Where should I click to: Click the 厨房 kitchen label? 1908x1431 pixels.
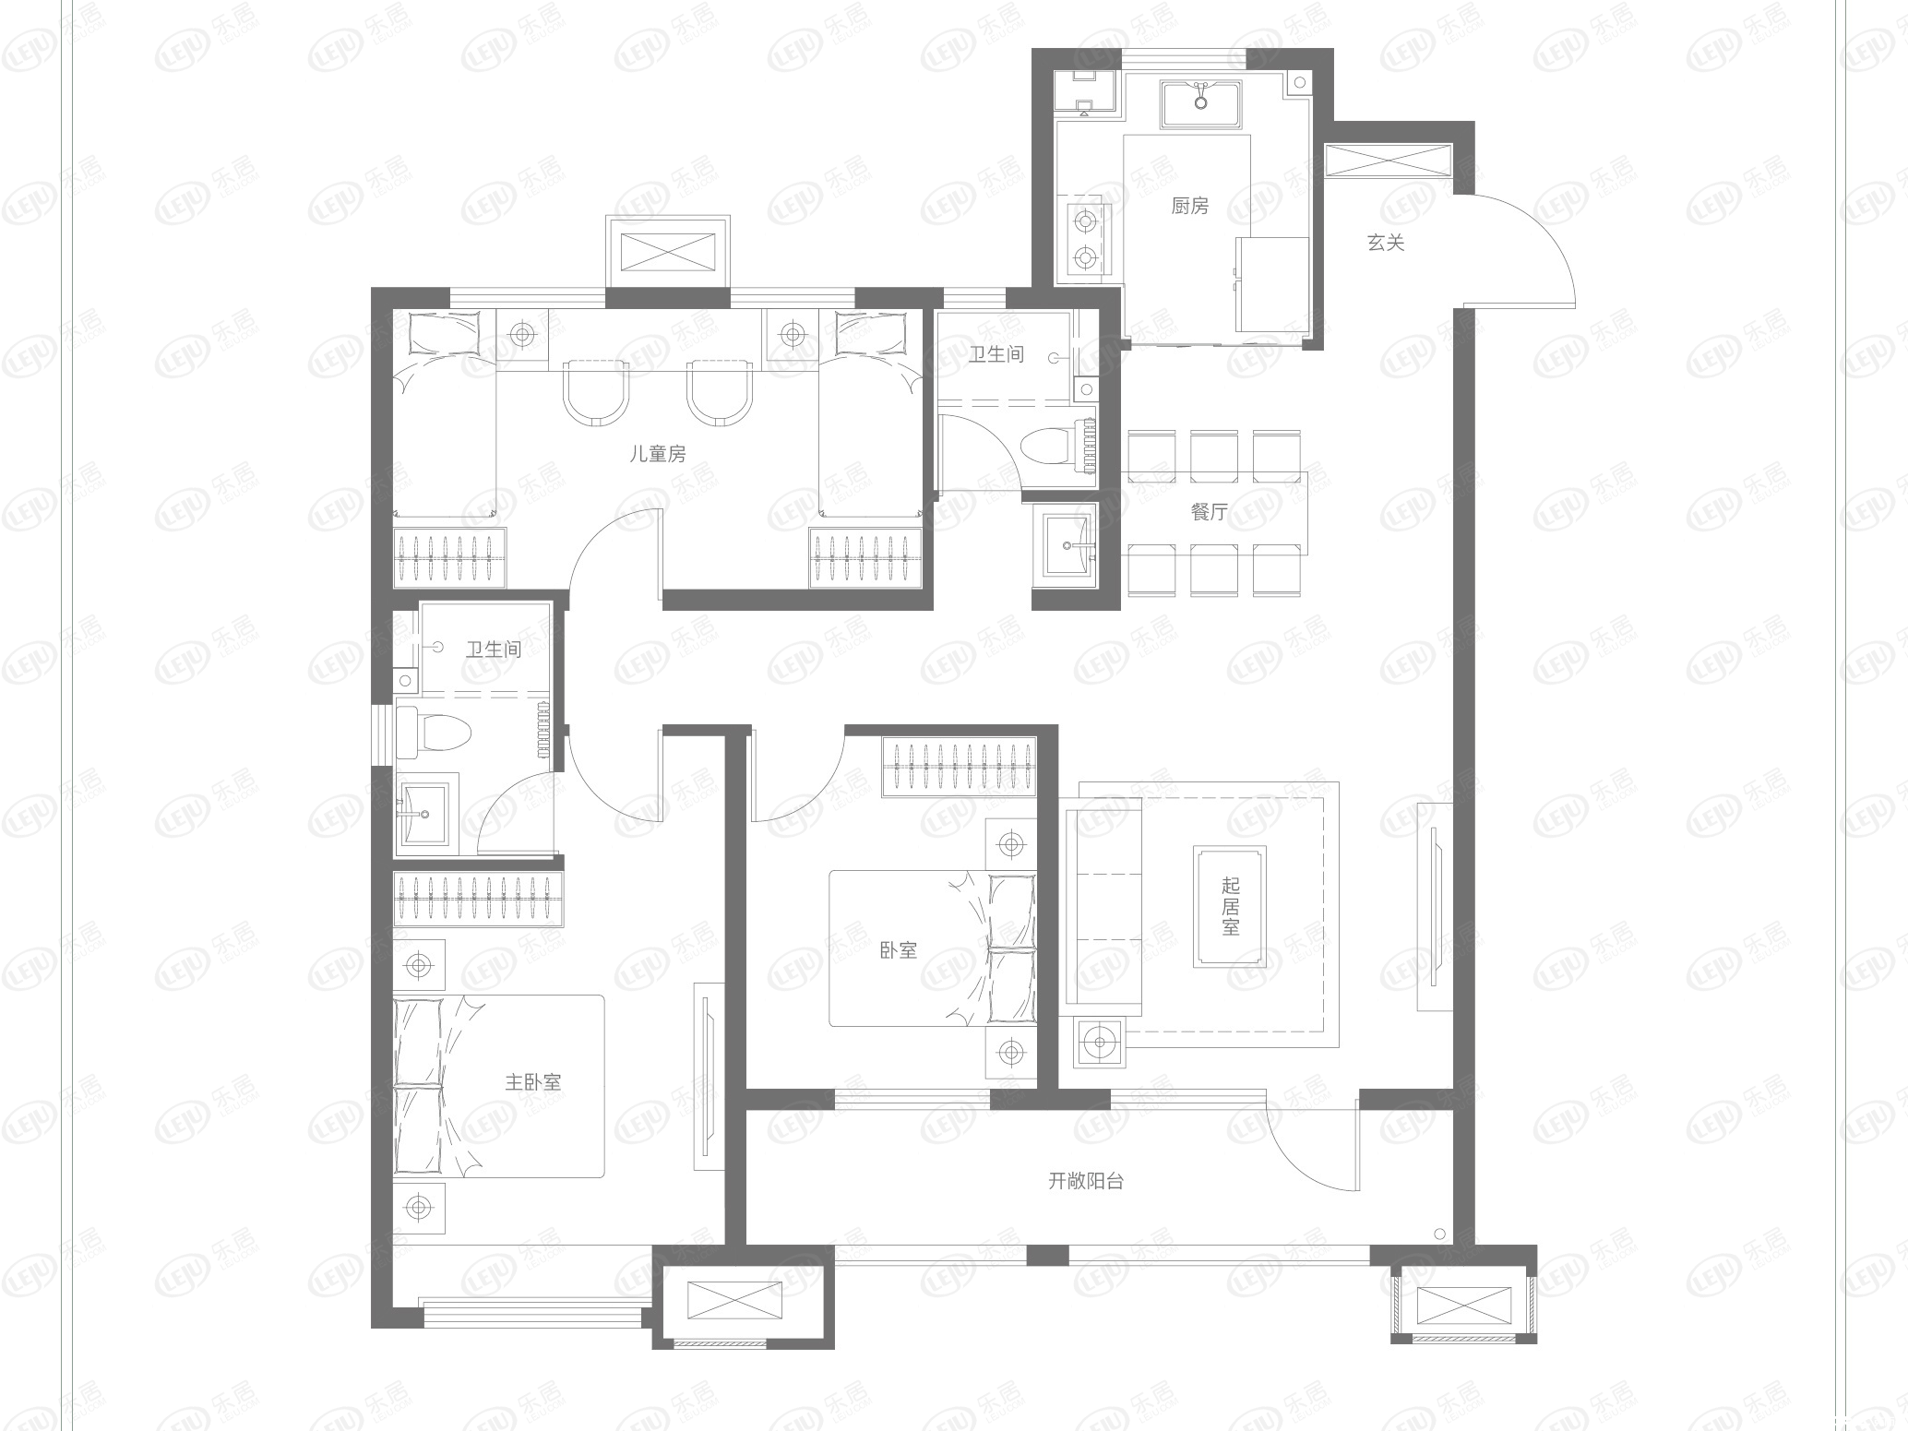tap(1189, 206)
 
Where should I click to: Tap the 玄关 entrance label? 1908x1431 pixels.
tap(1385, 243)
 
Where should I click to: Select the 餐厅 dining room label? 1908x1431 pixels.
tap(1209, 511)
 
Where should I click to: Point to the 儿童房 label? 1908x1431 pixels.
tap(658, 454)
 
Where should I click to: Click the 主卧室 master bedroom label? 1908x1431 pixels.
tap(532, 1082)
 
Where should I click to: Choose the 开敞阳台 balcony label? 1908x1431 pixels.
tap(1086, 1181)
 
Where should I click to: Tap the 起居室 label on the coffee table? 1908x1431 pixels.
tap(1230, 906)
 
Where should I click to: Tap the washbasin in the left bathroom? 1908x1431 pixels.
tap(423, 814)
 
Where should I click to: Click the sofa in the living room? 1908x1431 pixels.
tap(1103, 906)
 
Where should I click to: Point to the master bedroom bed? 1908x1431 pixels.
tap(498, 1085)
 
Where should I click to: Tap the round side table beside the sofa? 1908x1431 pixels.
tap(1099, 1043)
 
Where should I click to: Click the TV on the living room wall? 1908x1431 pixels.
tap(1434, 906)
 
